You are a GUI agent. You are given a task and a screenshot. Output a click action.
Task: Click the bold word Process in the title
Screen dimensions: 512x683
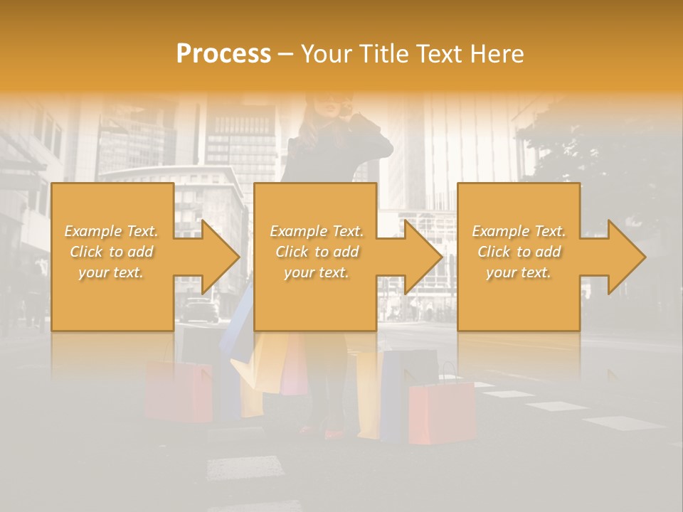[223, 54]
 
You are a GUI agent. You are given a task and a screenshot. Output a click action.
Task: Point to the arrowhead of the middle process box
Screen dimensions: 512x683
[425, 257]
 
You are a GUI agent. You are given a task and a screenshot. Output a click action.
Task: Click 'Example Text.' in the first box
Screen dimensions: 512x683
[112, 231]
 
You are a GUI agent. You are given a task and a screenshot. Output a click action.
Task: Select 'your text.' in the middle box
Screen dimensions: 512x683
[316, 272]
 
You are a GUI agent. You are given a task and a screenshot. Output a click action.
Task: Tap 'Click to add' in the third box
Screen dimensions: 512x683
[519, 252]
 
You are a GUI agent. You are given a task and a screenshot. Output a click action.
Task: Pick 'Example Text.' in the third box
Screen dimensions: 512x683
[519, 231]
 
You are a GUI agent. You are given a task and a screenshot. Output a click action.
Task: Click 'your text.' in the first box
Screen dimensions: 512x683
[112, 272]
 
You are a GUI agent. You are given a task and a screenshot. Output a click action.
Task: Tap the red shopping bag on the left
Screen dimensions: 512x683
[177, 390]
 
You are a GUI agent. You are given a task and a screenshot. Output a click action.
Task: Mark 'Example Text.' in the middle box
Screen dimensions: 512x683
[316, 231]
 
